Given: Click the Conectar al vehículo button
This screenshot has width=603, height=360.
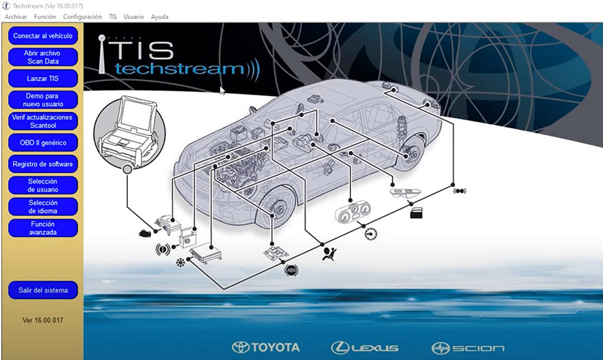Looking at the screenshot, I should coord(43,35).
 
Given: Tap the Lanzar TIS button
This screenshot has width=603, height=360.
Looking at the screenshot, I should coord(43,78).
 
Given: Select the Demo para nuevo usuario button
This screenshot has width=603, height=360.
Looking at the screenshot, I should coord(43,100).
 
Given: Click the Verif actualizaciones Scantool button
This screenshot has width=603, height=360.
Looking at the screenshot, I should coord(43,121).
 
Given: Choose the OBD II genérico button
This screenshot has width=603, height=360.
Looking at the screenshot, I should coord(43,142).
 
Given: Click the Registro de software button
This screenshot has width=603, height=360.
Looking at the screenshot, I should coord(43,164).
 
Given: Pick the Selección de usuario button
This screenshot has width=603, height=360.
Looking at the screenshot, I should coord(43,185).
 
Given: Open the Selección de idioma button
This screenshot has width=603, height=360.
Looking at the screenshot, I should coord(43,206).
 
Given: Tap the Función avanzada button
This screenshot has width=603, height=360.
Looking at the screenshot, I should coord(43,228).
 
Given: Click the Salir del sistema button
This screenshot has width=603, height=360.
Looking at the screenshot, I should coord(43,290).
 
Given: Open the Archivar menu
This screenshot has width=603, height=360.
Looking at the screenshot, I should coord(16,16).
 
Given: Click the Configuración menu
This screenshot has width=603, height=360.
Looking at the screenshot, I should coord(82,16).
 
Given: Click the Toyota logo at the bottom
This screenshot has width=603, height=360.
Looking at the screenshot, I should coord(266,347).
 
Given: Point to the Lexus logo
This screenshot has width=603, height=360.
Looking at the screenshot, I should coord(364,347).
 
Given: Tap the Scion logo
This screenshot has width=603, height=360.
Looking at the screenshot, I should coord(468,347).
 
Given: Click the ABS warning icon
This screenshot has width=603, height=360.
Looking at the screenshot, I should coord(291,270).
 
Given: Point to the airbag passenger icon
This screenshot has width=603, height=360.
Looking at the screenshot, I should coord(328,253).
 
